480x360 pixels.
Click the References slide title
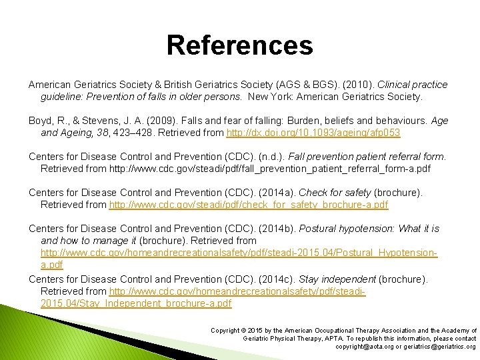(x=239, y=45)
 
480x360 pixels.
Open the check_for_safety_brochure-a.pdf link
(x=248, y=205)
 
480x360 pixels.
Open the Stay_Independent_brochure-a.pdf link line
(x=136, y=303)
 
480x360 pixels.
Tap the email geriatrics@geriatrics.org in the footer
(x=441, y=347)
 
